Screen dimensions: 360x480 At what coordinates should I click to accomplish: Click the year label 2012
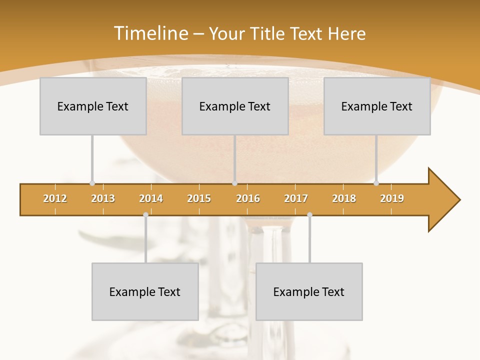(x=55, y=198)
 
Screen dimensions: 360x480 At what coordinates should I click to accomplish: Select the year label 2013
(x=103, y=198)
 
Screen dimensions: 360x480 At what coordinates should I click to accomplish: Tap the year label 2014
(x=151, y=198)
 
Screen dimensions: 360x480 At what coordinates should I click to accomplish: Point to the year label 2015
(x=199, y=198)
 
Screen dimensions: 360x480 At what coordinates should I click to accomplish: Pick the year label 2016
(x=248, y=198)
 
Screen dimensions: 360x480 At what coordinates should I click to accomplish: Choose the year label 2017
(x=296, y=198)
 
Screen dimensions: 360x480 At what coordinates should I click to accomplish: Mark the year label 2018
(x=344, y=198)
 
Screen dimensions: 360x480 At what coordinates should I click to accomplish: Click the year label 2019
(x=392, y=198)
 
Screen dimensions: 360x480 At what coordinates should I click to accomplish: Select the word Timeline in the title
(x=150, y=33)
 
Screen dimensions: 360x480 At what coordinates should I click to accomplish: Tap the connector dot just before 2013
(x=92, y=183)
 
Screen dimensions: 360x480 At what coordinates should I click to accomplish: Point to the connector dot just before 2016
(x=234, y=183)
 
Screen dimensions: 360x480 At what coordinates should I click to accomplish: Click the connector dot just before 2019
(x=376, y=183)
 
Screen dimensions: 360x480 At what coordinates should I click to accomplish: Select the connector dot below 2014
(x=145, y=214)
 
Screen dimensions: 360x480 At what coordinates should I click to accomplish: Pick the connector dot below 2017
(x=309, y=214)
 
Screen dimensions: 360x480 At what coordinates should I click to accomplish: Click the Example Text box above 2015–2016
(x=235, y=106)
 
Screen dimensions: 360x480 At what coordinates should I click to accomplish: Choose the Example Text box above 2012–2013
(x=93, y=106)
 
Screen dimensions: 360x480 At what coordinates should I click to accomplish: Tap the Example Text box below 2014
(x=145, y=291)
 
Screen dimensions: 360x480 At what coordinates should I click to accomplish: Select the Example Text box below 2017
(x=309, y=291)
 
